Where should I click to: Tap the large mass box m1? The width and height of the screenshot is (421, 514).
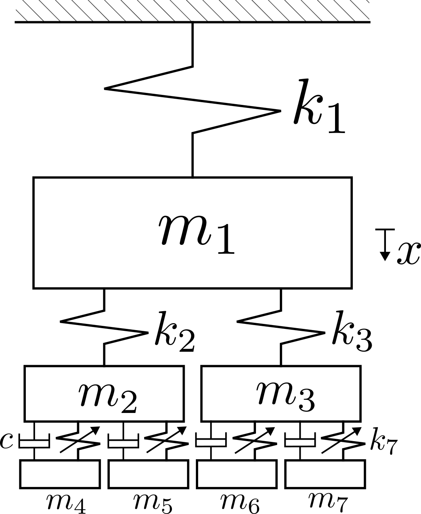coord(192,233)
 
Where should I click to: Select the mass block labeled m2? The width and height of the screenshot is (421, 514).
coord(104,393)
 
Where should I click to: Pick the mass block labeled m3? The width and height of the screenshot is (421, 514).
coord(281,393)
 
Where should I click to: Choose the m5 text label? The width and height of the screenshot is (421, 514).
coord(153,502)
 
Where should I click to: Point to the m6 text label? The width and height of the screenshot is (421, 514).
coord(240,502)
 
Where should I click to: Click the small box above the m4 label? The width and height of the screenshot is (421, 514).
coord(60,474)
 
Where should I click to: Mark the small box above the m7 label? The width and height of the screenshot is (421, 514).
coord(325,474)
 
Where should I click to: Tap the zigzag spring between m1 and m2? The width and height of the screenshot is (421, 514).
coord(104,327)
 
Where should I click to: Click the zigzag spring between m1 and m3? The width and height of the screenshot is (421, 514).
coord(281,327)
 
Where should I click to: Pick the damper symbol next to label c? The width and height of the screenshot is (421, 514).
coord(34,442)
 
